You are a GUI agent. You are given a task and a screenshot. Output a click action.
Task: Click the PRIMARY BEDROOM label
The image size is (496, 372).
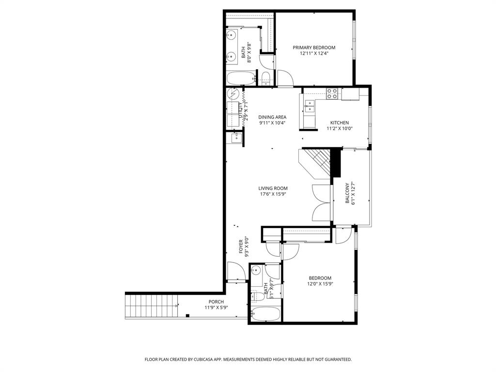[314, 47]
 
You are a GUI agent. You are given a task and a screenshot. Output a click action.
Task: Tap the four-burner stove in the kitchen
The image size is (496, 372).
[332, 93]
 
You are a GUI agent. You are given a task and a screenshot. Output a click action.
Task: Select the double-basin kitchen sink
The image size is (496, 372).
[309, 106]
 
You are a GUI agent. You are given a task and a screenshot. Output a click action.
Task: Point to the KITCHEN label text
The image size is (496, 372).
[339, 123]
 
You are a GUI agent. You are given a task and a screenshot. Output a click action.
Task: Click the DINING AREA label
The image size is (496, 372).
[272, 117]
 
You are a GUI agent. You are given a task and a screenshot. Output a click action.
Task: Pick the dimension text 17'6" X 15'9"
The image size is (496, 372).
[273, 195]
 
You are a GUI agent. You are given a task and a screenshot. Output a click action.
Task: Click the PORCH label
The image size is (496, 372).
[216, 302]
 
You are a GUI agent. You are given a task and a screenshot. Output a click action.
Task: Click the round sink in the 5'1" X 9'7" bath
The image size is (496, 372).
[256, 271]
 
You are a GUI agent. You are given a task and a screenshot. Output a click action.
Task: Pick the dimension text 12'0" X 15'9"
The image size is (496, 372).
[320, 284]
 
